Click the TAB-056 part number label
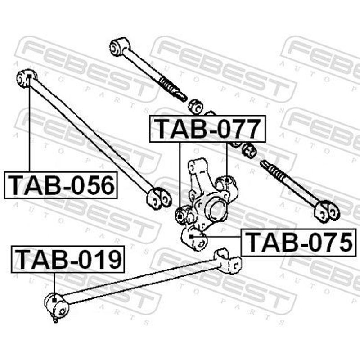click(x=61, y=185)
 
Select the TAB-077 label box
click(x=207, y=129)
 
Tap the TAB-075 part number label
click(x=299, y=242)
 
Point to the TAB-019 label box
click(x=68, y=259)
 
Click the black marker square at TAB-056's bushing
click(x=29, y=76)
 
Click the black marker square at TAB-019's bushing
click(x=54, y=300)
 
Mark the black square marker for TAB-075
click(x=191, y=236)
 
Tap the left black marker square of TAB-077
click(x=180, y=216)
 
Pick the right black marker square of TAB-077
click(x=227, y=180)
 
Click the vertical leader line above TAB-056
click(x=29, y=125)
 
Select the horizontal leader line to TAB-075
click(x=217, y=236)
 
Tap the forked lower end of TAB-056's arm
click(x=159, y=198)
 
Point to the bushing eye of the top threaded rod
click(x=118, y=47)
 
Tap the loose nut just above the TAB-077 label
click(x=196, y=106)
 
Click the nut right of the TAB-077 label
click(x=250, y=151)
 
